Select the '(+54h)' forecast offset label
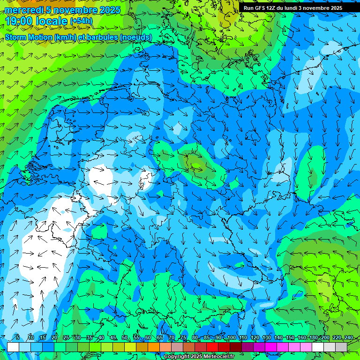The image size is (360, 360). tap(81, 21)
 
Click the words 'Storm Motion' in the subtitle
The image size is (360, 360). tap(28, 37)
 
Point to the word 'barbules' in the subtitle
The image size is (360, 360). tap(103, 37)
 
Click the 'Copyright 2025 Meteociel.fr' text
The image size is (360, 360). tap(199, 357)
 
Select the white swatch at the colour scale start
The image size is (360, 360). tap(13, 347)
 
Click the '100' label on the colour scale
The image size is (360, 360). tap(231, 338)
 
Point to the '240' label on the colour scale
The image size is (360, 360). tap(348, 338)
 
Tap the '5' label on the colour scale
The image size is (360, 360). tap(17, 338)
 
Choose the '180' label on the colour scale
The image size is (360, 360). tap(313, 338)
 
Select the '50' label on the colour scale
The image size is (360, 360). tap(124, 338)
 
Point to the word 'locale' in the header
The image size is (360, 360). tap(51, 21)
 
